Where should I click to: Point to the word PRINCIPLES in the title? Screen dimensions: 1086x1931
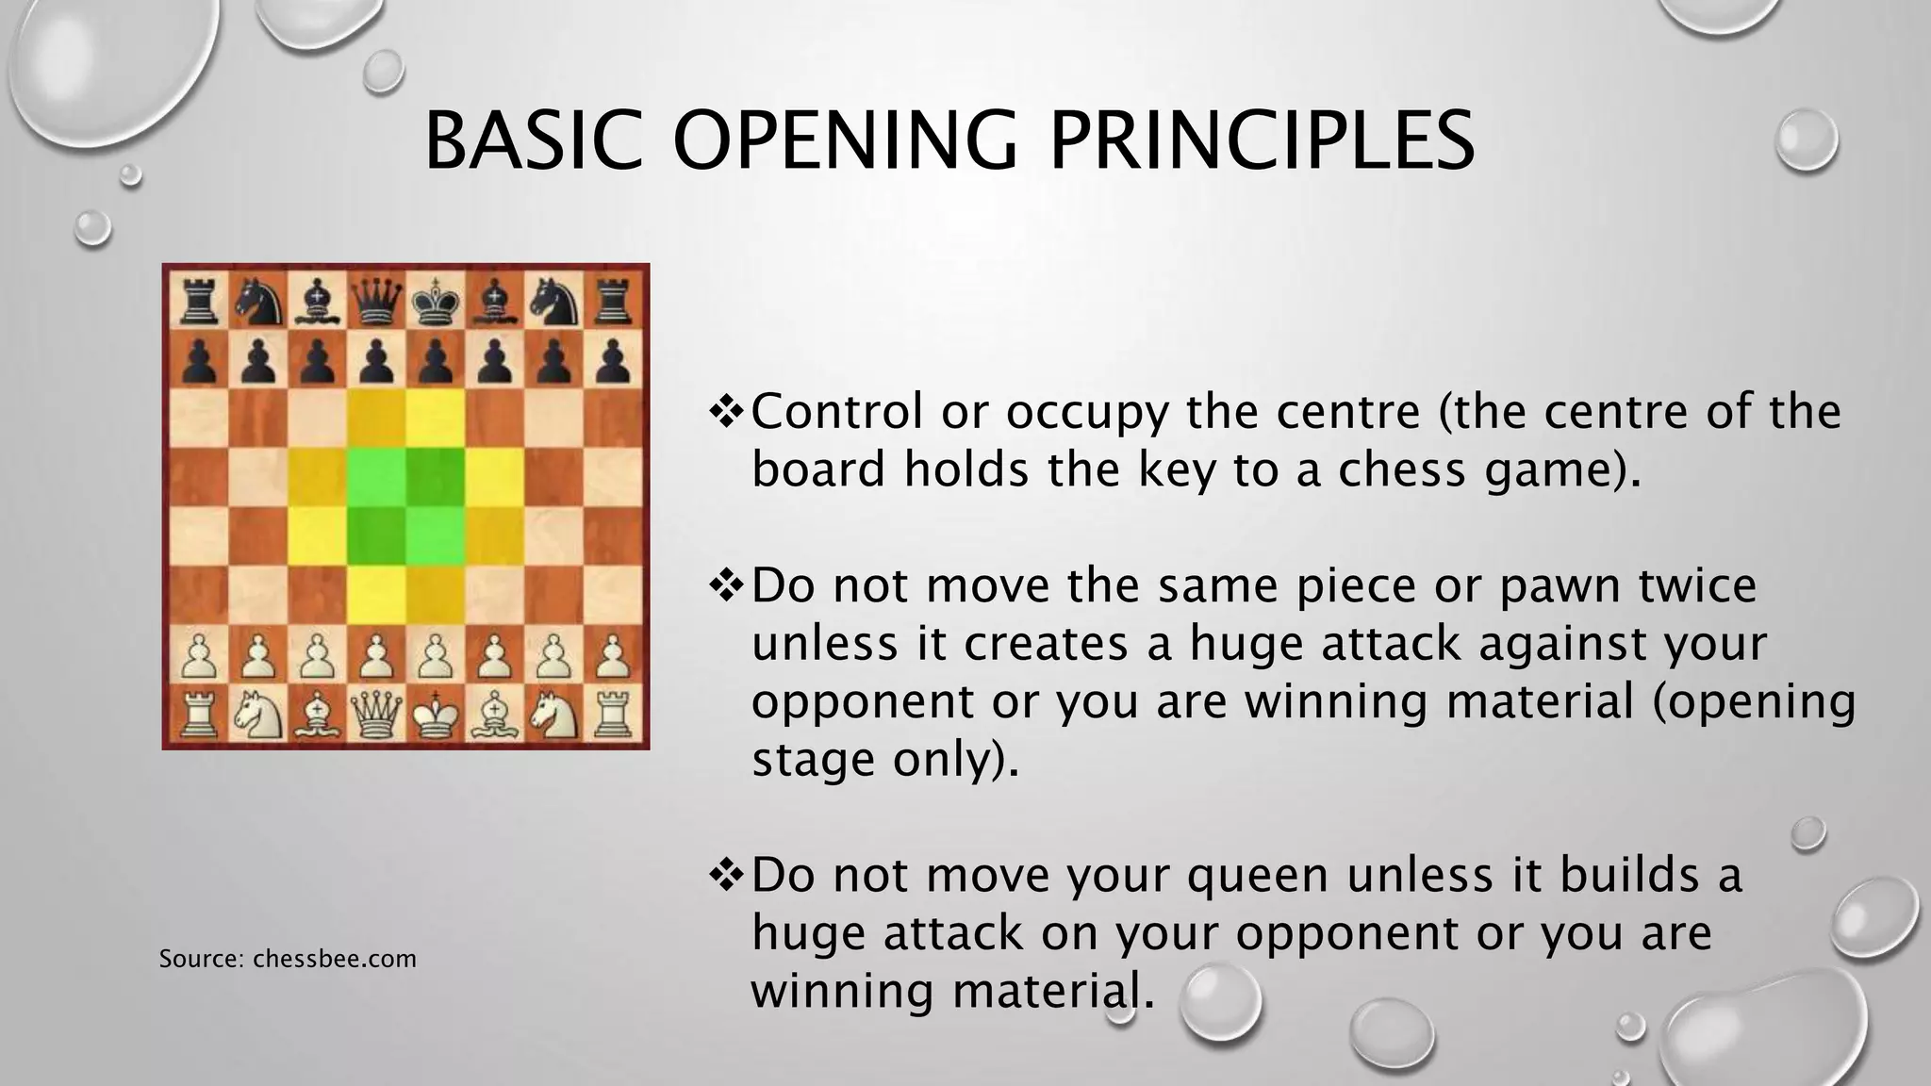click(x=1262, y=140)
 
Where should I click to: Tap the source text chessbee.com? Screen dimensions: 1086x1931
click(x=335, y=959)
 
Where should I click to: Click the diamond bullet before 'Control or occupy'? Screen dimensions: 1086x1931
click(x=727, y=411)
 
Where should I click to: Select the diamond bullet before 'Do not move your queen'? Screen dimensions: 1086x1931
click(x=727, y=874)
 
